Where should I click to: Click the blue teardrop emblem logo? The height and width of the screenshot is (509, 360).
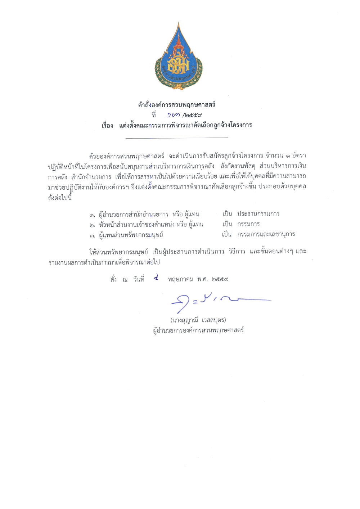click(x=179, y=58)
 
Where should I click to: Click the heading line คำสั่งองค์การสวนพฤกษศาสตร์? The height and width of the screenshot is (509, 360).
click(x=177, y=105)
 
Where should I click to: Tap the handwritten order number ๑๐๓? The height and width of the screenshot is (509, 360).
click(x=173, y=115)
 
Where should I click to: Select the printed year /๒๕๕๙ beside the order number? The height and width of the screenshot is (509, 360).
click(x=192, y=115)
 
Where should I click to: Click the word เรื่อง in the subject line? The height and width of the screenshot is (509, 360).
click(x=107, y=126)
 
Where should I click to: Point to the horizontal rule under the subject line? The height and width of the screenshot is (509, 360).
click(x=177, y=138)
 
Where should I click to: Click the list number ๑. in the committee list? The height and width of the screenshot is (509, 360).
click(x=93, y=215)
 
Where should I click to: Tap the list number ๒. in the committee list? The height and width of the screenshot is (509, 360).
click(x=93, y=225)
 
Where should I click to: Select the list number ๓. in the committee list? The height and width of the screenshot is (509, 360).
click(x=93, y=235)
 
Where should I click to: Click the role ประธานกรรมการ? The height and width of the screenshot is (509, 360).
click(x=258, y=214)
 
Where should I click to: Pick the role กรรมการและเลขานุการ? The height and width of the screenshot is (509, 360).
click(x=266, y=234)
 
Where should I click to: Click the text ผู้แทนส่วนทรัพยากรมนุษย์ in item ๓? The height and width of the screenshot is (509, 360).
click(x=131, y=235)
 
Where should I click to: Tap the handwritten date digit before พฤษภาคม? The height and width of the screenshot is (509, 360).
click(x=156, y=278)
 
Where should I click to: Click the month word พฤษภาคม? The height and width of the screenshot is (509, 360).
click(x=180, y=279)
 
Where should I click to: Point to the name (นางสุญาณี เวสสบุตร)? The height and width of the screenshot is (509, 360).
click(x=198, y=320)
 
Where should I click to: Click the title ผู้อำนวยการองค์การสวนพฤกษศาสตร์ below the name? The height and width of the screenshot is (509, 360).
click(x=198, y=330)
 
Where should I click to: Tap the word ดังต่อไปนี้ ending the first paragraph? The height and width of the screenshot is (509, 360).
click(x=60, y=197)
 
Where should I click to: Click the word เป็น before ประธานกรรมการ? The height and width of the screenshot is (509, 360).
click(x=227, y=214)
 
